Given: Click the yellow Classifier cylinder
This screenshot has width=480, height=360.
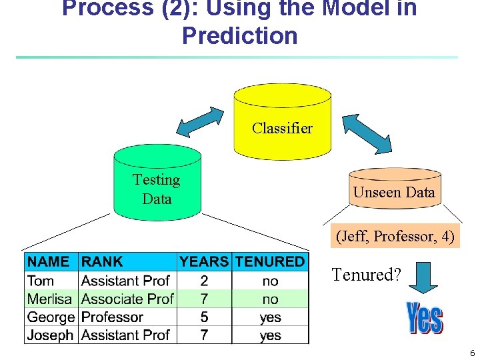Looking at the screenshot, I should coord(282,123).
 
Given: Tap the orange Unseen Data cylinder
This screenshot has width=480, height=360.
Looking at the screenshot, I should coord(395,189).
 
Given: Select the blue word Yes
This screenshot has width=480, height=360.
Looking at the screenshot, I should coord(424,318).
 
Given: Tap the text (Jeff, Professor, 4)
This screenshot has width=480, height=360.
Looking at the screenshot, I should coord(395,236).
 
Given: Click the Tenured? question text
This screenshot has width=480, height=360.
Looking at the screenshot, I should coord(366,275).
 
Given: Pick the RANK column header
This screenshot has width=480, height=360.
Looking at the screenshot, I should coord(102,262).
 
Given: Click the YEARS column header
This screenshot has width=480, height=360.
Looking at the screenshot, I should coord(204,262).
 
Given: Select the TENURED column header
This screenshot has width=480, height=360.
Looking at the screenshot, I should coord(270,262).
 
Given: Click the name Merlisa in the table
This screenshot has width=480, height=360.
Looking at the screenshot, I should coord(50,299).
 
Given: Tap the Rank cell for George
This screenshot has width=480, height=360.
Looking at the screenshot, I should coord(112,317).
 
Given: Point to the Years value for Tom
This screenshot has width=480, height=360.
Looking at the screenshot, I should coord(204,281).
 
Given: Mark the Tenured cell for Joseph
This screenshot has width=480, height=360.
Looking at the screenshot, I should coord(270,335).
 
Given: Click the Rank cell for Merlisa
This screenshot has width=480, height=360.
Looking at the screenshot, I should coord(127,299).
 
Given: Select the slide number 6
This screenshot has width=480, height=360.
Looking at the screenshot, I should coord(471,353).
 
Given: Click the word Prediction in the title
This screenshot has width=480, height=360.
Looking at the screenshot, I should coord(239,35).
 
